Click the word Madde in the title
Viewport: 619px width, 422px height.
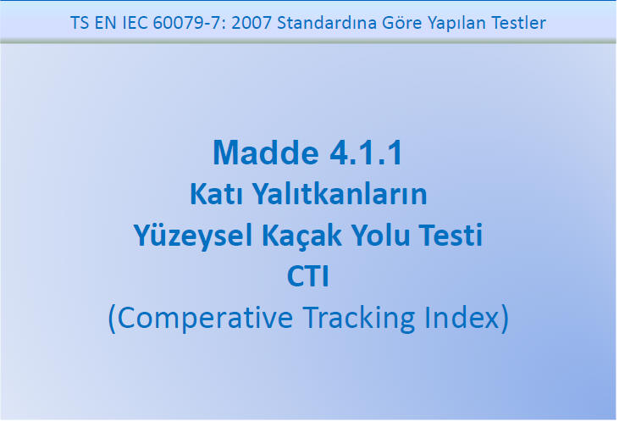tap(266, 153)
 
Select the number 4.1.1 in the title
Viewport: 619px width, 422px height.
tap(366, 153)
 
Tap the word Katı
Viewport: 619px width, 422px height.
tap(216, 194)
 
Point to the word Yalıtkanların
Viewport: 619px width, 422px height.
tap(340, 194)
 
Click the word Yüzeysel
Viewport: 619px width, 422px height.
tap(193, 236)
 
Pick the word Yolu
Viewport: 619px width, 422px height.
tap(380, 236)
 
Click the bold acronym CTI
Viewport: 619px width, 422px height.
tap(308, 276)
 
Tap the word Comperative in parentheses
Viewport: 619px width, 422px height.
tap(205, 319)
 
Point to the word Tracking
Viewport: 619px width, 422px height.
tap(359, 319)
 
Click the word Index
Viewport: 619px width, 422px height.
tap(461, 317)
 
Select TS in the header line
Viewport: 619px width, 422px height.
tap(80, 23)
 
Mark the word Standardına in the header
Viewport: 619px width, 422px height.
tap(327, 23)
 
